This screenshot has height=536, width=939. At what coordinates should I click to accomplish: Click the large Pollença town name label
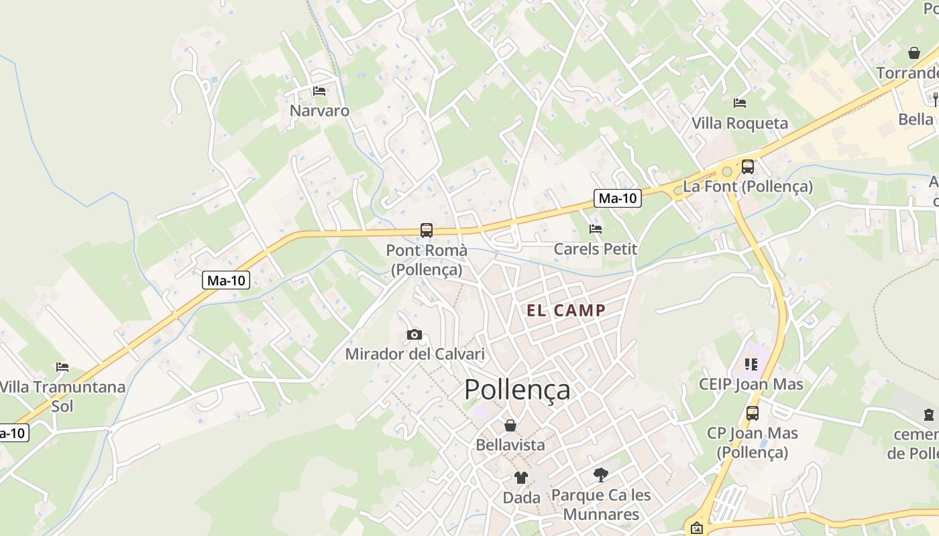pyautogui.click(x=517, y=389)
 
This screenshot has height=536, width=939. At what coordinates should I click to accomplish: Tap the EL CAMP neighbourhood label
pyautogui.click(x=566, y=310)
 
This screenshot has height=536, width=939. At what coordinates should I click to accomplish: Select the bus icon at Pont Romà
pyautogui.click(x=427, y=230)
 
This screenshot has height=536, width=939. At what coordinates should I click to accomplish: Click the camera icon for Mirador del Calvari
pyautogui.click(x=415, y=334)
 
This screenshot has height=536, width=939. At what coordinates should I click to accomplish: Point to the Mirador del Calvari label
pyautogui.click(x=415, y=354)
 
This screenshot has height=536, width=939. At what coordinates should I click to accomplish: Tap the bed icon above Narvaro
pyautogui.click(x=319, y=90)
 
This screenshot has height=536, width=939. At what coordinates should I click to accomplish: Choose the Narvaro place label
pyautogui.click(x=319, y=111)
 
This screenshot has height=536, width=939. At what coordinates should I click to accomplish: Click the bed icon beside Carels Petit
pyautogui.click(x=595, y=229)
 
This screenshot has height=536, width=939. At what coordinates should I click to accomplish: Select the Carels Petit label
pyautogui.click(x=595, y=249)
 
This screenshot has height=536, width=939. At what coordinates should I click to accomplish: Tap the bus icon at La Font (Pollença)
pyautogui.click(x=748, y=167)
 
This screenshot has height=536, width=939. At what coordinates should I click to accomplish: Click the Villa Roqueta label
pyautogui.click(x=740, y=123)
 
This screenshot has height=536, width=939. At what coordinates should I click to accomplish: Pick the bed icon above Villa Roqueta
pyautogui.click(x=740, y=103)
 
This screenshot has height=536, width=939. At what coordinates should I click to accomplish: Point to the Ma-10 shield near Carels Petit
pyautogui.click(x=618, y=198)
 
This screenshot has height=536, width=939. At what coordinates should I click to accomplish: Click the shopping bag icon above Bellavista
pyautogui.click(x=510, y=425)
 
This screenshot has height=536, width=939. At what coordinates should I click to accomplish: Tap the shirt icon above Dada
pyautogui.click(x=521, y=477)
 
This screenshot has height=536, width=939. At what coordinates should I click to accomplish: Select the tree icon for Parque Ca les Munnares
pyautogui.click(x=601, y=475)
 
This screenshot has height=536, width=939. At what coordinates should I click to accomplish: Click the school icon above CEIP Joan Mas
pyautogui.click(x=751, y=364)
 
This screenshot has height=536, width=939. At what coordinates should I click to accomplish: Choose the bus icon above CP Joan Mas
pyautogui.click(x=753, y=413)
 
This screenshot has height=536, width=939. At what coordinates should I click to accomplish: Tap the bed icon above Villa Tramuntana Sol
pyautogui.click(x=62, y=366)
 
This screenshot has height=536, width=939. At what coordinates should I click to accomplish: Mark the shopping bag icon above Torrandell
pyautogui.click(x=914, y=52)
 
